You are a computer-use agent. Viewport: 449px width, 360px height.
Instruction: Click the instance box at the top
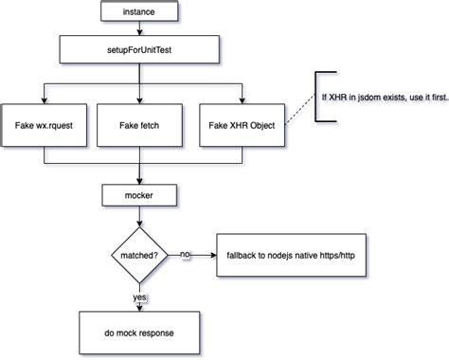click(139, 12)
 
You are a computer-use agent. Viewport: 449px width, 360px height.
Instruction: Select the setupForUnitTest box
click(139, 47)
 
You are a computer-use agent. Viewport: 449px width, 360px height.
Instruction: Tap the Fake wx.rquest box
click(44, 123)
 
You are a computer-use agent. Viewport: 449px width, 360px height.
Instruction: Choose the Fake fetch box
click(139, 123)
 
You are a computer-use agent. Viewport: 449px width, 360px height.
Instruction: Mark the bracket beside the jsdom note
click(319, 98)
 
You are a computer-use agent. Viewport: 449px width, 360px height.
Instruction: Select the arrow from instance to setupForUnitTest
click(139, 29)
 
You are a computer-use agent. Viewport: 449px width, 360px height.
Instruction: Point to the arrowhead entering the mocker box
click(139, 181)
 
